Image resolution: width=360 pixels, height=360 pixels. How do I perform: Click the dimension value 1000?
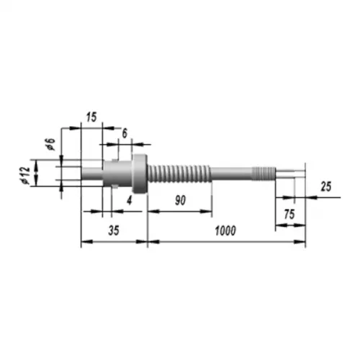click(225, 231)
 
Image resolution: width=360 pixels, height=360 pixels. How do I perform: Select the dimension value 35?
click(114, 230)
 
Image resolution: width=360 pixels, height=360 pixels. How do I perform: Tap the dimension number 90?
click(180, 200)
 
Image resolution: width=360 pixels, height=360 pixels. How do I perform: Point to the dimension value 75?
click(289, 214)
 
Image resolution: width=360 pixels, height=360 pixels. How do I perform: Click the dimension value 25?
click(326, 186)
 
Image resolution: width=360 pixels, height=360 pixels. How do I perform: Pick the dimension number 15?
click(91, 117)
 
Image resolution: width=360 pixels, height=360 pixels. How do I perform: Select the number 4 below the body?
click(130, 200)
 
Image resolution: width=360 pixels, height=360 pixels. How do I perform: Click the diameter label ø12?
click(26, 176)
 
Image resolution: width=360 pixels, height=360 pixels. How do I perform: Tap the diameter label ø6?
click(51, 144)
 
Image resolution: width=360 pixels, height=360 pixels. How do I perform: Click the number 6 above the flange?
click(125, 133)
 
